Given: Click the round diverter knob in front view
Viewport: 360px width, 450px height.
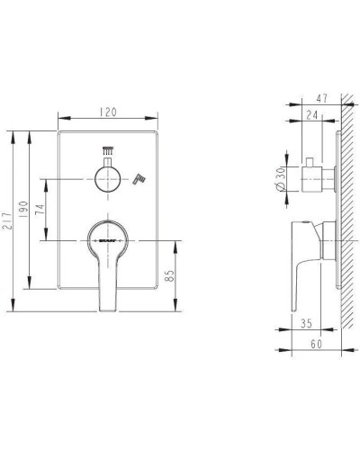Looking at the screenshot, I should click(x=108, y=177).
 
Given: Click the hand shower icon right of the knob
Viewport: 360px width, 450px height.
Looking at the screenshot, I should click(x=137, y=180).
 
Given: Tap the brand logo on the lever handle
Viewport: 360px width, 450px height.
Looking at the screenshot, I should click(x=107, y=241).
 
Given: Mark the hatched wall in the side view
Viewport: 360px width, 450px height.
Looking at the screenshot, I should click(x=346, y=225).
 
